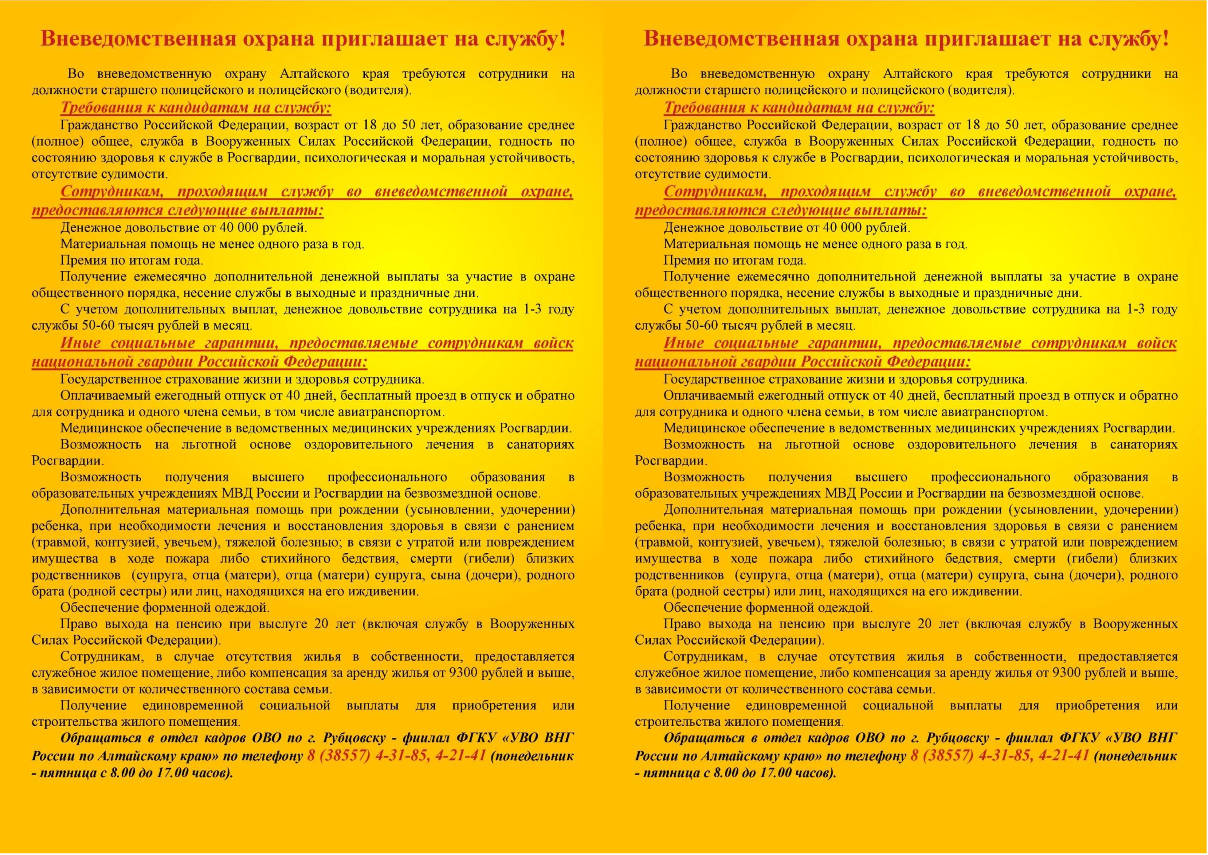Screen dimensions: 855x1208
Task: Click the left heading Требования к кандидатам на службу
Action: click(x=196, y=108)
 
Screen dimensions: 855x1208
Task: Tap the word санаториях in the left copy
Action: click(x=540, y=445)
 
